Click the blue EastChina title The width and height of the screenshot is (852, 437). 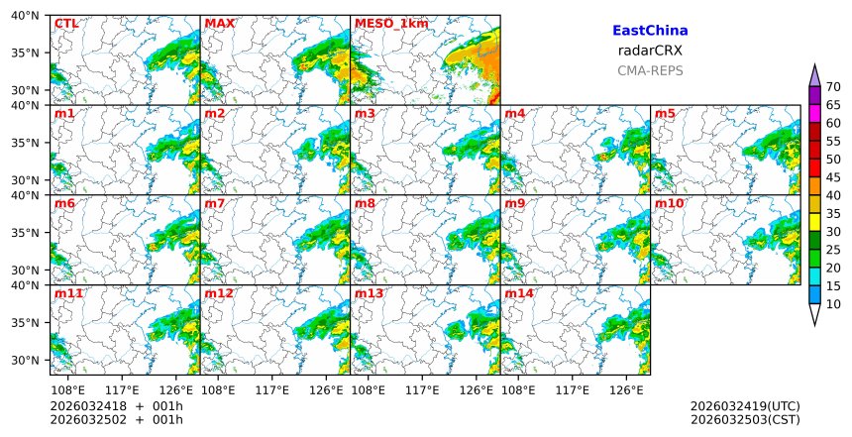[x=650, y=31]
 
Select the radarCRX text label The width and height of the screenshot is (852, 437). [x=650, y=51]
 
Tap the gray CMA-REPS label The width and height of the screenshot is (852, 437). [x=650, y=70]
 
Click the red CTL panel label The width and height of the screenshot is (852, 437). [x=66, y=23]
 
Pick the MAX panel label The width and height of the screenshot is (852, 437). [x=219, y=23]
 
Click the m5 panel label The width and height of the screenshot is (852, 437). [x=665, y=114]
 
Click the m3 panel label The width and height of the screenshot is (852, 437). [x=365, y=114]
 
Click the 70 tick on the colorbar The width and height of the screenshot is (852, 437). [x=833, y=86]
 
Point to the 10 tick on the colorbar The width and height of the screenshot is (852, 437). [x=833, y=304]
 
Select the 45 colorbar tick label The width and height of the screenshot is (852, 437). [x=833, y=177]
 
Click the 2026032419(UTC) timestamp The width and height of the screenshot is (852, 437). [x=745, y=406]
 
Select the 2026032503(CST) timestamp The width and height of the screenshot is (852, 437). [x=745, y=420]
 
